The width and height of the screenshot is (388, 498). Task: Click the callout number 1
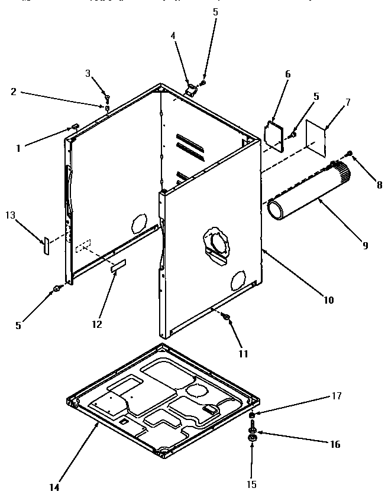18,148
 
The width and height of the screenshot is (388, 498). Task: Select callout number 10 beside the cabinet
329,300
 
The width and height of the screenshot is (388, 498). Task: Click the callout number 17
337,395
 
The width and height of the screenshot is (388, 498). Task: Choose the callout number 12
97,324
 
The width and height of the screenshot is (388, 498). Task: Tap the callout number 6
287,74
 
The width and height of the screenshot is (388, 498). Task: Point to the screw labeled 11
226,318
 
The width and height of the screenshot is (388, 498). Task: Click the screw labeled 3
106,96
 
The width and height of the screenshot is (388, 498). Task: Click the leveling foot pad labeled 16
253,437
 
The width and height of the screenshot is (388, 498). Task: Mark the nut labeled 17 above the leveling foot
251,416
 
